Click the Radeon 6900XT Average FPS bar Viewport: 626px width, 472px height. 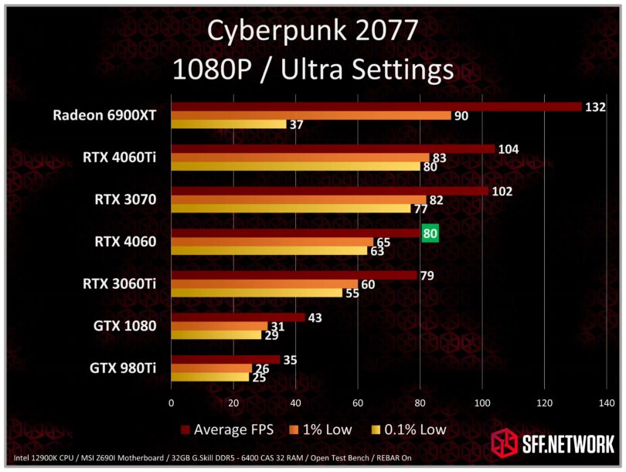pyautogui.click(x=376, y=107)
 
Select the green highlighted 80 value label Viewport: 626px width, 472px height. pyautogui.click(x=430, y=232)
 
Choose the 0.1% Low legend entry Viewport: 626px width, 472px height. pyautogui.click(x=410, y=430)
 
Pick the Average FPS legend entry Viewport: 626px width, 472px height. pyautogui.click(x=231, y=430)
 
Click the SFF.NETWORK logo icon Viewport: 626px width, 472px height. pyautogui.click(x=505, y=444)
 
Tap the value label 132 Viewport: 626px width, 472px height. pyautogui.click(x=595, y=107)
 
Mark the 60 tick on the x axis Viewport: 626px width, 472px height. pyautogui.click(x=357, y=402)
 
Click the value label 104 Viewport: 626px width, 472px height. pyautogui.click(x=509, y=148)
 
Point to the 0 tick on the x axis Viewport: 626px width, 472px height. pyautogui.click(x=172, y=402)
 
